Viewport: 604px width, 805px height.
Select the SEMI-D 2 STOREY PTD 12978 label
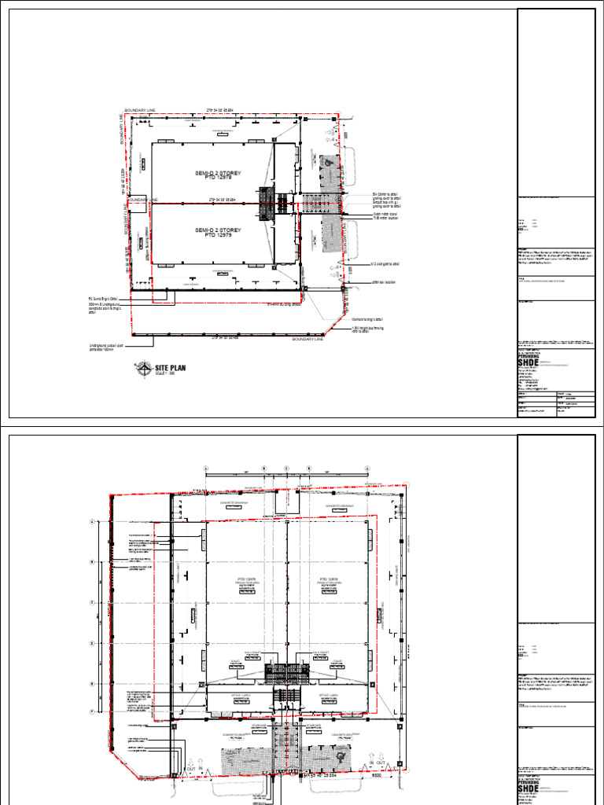click(x=218, y=175)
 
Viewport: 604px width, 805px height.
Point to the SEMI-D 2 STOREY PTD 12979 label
click(x=218, y=232)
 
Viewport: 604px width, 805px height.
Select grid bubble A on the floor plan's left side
click(x=92, y=521)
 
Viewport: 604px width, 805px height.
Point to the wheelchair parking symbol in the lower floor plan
click(x=340, y=755)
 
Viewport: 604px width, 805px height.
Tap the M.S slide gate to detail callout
click(x=388, y=265)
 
